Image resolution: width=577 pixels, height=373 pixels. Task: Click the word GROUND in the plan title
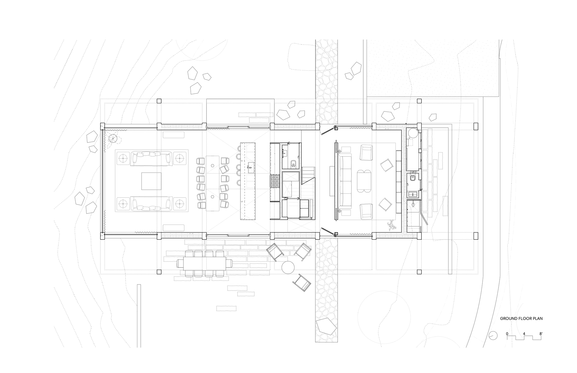pos(507,319)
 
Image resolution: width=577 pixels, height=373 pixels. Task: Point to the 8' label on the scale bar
pos(540,334)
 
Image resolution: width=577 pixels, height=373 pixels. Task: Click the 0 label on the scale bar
pos(507,334)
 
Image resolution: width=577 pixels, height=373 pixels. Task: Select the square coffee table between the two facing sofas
pos(151,181)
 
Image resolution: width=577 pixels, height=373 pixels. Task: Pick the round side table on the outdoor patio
pos(288,267)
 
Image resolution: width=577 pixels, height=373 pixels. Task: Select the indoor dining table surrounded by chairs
pos(213,183)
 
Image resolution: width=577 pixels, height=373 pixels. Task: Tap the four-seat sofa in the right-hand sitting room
pos(345,181)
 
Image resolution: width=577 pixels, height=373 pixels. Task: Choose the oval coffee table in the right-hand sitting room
pos(364,181)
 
